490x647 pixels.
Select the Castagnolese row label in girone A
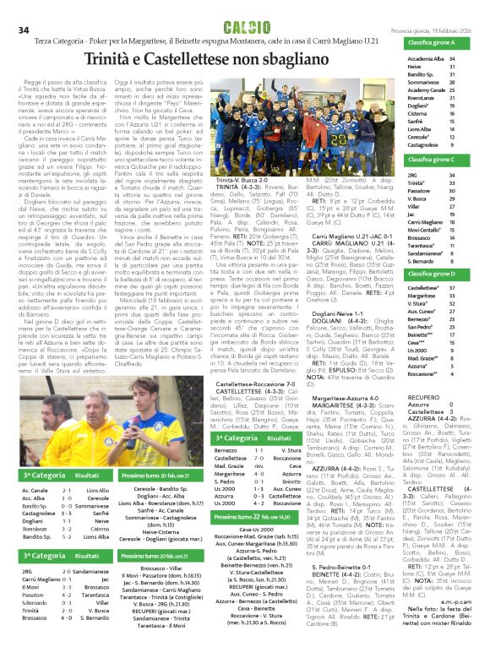click(x=427, y=145)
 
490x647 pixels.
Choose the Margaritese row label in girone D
click(x=423, y=296)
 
